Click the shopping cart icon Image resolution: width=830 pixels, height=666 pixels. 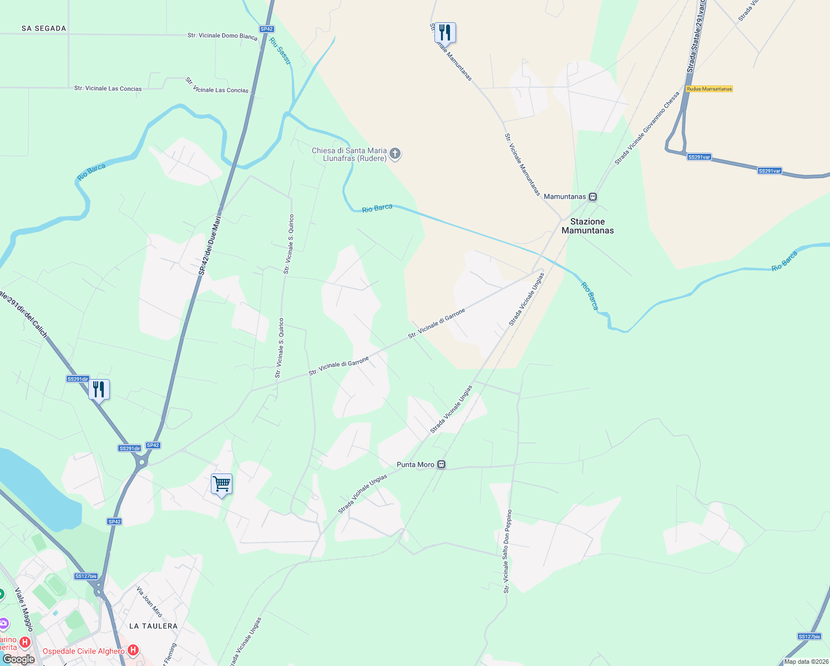click(x=221, y=484)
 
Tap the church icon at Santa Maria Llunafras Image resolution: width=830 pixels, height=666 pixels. click(x=395, y=154)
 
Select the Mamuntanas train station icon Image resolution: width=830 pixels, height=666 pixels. click(x=593, y=197)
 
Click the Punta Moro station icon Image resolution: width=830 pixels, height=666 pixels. click(x=441, y=465)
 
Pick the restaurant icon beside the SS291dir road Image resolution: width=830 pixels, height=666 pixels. click(x=99, y=389)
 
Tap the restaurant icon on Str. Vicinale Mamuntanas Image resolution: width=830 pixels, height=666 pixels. click(x=444, y=32)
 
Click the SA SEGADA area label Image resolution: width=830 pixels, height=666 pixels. click(x=44, y=28)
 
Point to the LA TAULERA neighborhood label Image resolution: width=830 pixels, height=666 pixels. click(x=153, y=626)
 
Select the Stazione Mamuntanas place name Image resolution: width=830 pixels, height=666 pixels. click(x=588, y=226)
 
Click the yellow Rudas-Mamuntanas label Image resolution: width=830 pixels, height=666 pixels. click(x=709, y=89)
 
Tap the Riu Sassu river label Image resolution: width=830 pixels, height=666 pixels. click(x=280, y=51)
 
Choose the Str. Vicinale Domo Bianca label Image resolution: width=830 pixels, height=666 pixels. click(x=222, y=36)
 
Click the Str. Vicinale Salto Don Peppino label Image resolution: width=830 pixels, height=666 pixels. click(x=507, y=551)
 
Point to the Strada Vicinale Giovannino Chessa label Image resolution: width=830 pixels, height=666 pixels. click(x=647, y=128)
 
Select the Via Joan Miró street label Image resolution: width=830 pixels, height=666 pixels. click(x=149, y=602)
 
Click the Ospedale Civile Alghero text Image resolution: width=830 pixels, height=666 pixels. click(x=84, y=651)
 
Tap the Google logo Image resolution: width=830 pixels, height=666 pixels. click(x=18, y=659)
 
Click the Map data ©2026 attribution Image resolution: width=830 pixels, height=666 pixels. click(x=806, y=662)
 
